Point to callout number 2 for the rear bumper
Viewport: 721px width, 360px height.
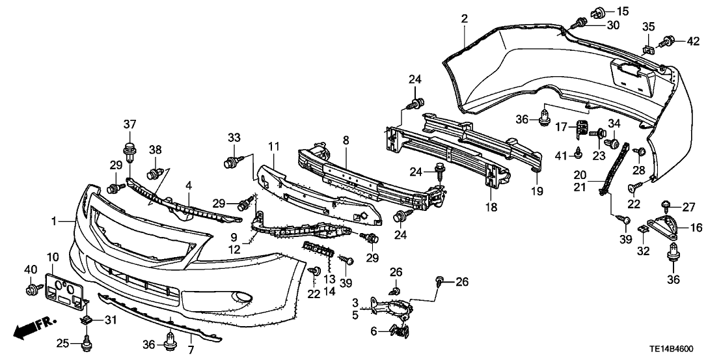pos(464,18)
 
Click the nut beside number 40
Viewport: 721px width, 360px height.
pos(32,288)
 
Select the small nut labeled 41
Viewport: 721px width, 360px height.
pos(577,154)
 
